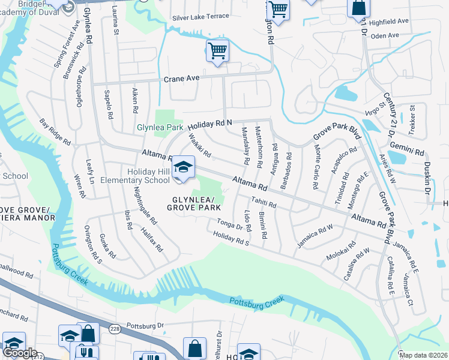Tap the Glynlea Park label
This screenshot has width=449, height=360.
[160, 128]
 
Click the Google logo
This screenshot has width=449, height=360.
[19, 353]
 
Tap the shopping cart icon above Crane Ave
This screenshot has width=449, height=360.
[217, 50]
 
